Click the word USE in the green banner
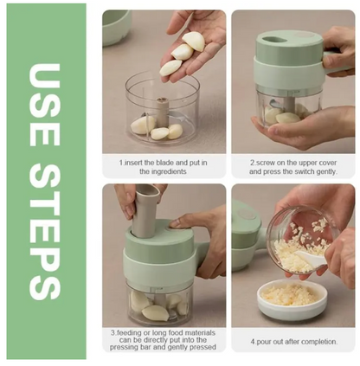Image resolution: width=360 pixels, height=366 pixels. [x=45, y=105]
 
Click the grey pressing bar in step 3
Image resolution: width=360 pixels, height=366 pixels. [x=145, y=210]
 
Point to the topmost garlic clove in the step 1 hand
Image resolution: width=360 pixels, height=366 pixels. [x=193, y=41]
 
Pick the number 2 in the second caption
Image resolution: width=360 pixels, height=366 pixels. [x=252, y=163]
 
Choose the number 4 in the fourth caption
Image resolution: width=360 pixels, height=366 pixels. [x=253, y=342]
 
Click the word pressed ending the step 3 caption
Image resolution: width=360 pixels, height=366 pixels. [x=204, y=347]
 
